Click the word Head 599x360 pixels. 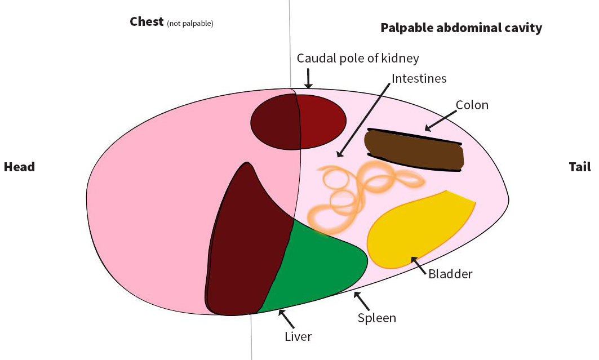click(19, 167)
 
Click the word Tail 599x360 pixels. click(579, 167)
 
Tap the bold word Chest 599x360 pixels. click(147, 22)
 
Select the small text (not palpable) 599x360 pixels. click(190, 24)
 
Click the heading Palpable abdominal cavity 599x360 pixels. click(461, 28)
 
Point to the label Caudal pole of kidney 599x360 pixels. click(358, 58)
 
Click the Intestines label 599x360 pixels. click(419, 78)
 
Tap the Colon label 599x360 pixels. click(472, 105)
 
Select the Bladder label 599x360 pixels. click(450, 274)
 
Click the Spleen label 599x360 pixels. click(376, 318)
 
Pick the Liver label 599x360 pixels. click(298, 337)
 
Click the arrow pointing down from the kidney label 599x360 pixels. click(308, 78)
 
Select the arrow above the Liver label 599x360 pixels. click(286, 319)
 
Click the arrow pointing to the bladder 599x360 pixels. click(419, 264)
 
